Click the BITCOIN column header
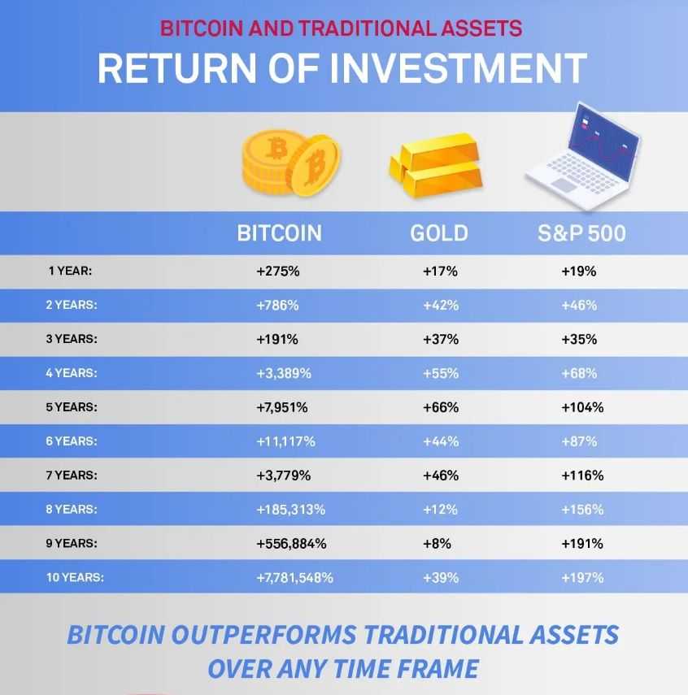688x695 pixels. [x=279, y=234]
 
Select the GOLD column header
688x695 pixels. [x=439, y=234]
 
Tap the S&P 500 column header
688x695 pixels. [x=581, y=234]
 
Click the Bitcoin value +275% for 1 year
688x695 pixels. [x=278, y=271]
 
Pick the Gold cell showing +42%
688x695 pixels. [x=441, y=306]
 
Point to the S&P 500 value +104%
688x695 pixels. [x=582, y=407]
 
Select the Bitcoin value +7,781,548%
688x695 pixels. [x=294, y=577]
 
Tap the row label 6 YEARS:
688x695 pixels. [x=71, y=441]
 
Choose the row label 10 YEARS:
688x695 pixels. [x=74, y=577]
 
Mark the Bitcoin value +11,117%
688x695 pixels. [x=285, y=441]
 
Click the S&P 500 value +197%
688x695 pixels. [x=582, y=577]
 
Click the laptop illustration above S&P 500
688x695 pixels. [x=581, y=150]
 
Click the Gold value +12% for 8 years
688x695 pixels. [x=441, y=510]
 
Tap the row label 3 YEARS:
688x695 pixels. [x=71, y=340]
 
